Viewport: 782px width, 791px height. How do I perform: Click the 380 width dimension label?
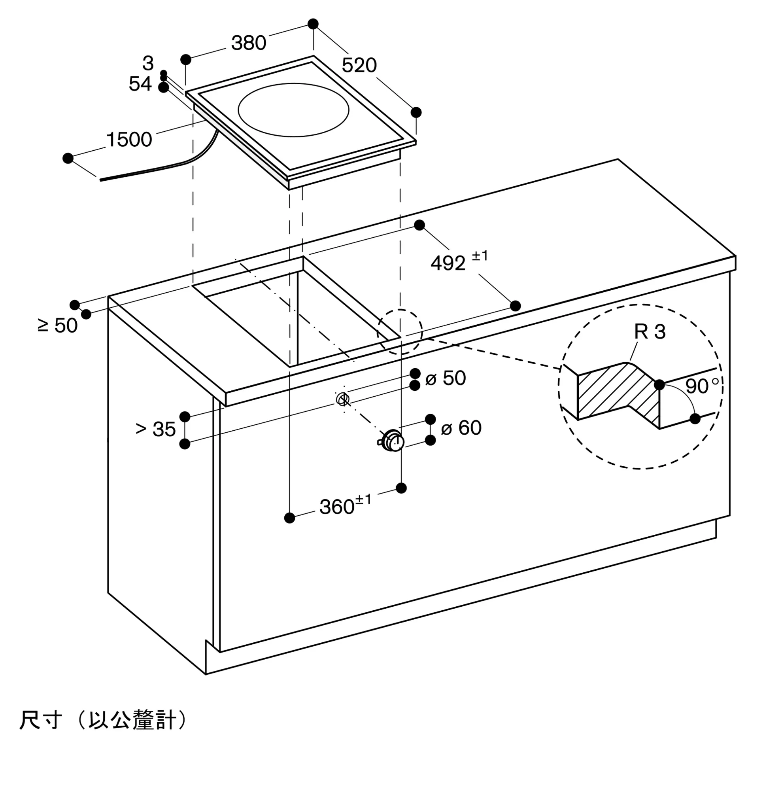[x=248, y=43]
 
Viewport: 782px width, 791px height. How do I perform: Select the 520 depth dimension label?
[x=359, y=66]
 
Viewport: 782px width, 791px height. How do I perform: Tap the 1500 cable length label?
[x=129, y=140]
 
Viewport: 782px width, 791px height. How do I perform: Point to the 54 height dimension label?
[x=140, y=84]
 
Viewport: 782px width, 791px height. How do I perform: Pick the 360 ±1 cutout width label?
[x=345, y=505]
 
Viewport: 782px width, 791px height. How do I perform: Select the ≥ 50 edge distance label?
[x=57, y=326]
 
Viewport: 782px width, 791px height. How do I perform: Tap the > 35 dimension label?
[x=155, y=429]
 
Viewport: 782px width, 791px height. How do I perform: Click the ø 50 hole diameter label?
[x=446, y=378]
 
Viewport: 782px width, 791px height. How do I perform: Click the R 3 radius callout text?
[x=650, y=332]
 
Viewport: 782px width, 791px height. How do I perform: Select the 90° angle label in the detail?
[x=702, y=385]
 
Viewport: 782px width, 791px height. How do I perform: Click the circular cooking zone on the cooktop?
[x=293, y=110]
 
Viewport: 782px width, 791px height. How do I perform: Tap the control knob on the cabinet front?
[x=392, y=441]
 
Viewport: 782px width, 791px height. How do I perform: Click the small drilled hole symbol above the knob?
[x=342, y=398]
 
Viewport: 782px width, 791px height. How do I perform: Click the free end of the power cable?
[x=101, y=179]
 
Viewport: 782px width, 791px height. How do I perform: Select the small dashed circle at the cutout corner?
[x=399, y=332]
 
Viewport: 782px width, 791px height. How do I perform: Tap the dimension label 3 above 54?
[x=148, y=63]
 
